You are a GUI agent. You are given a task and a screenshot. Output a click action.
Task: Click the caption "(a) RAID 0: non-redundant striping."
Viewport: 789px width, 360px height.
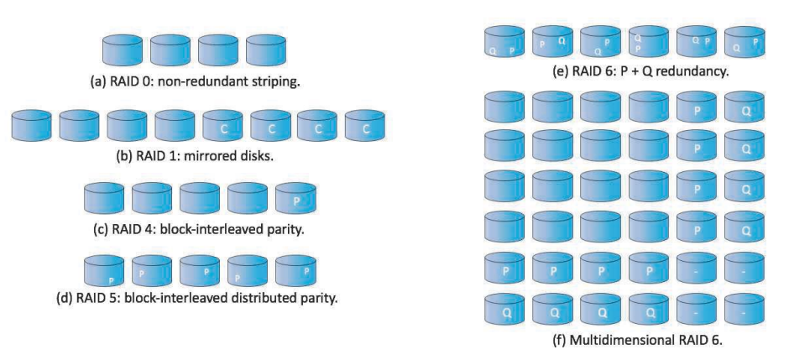tap(194, 81)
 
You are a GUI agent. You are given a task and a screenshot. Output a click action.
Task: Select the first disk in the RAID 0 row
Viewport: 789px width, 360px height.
tap(123, 50)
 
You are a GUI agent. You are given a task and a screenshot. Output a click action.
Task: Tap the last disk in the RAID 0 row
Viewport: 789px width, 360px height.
tap(266, 50)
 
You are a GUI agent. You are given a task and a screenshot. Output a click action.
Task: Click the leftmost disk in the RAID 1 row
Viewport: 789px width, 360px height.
tap(31, 125)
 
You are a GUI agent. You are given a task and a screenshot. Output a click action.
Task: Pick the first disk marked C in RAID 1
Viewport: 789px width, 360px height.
tap(223, 125)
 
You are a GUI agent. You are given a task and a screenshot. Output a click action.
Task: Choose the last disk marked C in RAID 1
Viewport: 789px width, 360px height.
tap(365, 125)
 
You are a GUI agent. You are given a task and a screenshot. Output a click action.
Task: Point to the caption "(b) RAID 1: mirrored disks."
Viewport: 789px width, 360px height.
tap(195, 156)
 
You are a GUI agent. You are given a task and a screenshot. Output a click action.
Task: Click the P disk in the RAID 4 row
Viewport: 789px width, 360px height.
tap(295, 198)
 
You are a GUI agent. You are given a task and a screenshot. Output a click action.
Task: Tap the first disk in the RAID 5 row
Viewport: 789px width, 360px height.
tap(103, 270)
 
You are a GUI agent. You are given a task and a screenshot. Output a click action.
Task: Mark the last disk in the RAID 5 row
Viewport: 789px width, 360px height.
tap(295, 270)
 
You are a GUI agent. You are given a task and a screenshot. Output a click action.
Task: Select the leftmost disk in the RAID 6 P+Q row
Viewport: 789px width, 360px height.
tap(504, 42)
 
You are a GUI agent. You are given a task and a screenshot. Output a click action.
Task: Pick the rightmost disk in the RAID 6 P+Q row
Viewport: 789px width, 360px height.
tap(745, 42)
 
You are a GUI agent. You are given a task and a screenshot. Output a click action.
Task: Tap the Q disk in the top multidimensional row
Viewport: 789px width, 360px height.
tap(745, 107)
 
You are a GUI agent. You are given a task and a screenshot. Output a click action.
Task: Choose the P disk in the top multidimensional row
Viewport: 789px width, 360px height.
tap(697, 107)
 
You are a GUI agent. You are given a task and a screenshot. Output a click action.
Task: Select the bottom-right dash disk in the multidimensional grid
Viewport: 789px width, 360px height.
tap(745, 309)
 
